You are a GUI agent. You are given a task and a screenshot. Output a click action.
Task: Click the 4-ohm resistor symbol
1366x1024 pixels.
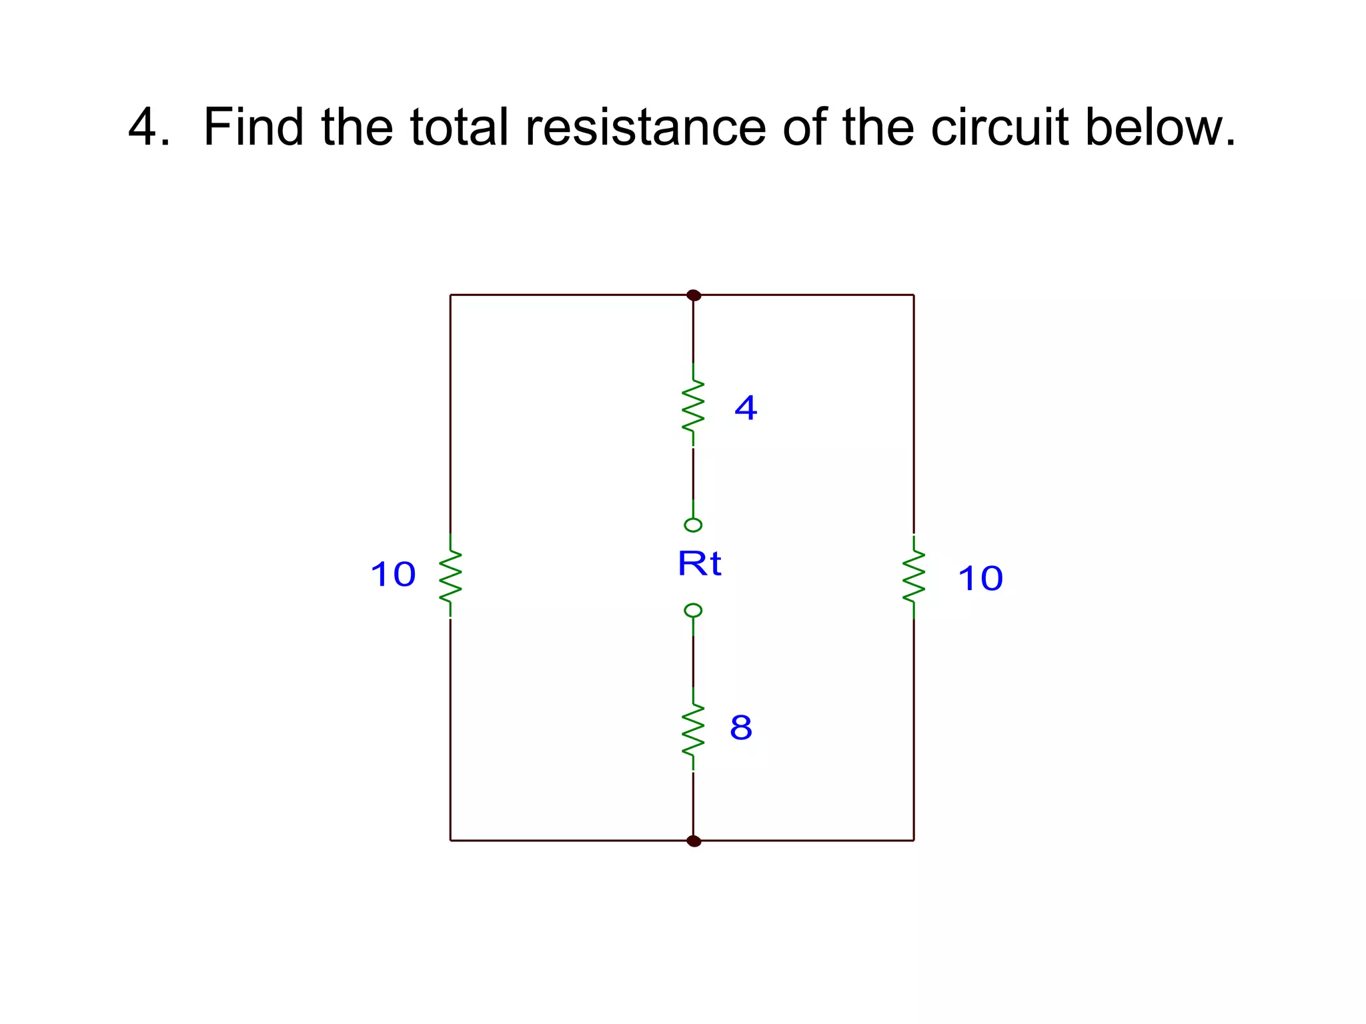pos(693,405)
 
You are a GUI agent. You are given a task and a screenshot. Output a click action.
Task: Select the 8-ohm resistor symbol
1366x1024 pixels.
pos(693,729)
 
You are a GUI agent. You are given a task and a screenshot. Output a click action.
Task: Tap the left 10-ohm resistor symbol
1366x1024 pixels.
pos(450,575)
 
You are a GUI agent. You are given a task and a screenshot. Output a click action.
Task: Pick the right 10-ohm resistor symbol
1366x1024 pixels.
pos(914,577)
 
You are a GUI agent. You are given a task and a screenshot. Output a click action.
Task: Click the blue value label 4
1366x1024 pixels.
pos(746,407)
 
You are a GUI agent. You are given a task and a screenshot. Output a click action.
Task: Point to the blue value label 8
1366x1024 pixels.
pos(741,727)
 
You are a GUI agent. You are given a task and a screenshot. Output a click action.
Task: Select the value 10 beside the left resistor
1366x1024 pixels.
pos(394,574)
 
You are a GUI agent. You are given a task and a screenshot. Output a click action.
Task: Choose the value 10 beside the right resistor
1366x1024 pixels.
pos(980,578)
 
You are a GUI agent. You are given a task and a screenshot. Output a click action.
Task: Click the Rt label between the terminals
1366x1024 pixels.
pos(699,564)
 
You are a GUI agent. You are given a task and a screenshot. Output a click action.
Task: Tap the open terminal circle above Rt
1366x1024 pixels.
pos(693,525)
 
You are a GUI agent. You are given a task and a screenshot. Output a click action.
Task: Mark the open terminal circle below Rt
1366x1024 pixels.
pos(693,611)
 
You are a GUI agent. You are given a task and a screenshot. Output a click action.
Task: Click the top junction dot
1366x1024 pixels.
pos(694,295)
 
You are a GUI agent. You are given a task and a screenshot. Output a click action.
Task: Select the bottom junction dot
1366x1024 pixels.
pos(694,841)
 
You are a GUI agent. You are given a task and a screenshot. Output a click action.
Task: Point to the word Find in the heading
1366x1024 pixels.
pos(253,127)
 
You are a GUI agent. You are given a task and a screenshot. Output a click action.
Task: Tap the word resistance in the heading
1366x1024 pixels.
pos(646,127)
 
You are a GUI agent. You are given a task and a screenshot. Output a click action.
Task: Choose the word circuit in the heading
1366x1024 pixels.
pos(999,127)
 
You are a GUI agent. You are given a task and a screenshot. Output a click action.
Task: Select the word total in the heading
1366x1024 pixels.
pos(459,127)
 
